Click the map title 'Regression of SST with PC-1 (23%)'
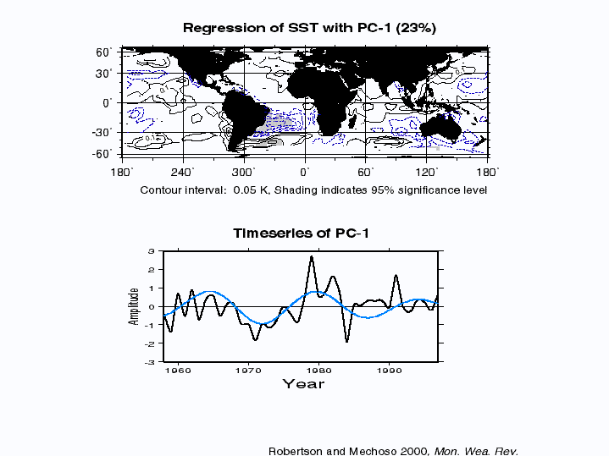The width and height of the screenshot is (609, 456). click(x=309, y=28)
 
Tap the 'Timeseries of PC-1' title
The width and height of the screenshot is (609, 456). click(x=302, y=233)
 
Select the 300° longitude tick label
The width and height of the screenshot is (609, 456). click(x=246, y=172)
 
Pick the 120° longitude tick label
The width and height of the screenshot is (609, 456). click(x=427, y=172)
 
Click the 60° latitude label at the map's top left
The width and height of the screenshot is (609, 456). click(x=104, y=52)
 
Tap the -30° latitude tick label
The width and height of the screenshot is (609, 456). click(x=102, y=132)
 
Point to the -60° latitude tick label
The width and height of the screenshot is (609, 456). click(x=102, y=153)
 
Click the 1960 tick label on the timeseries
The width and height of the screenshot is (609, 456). click(x=178, y=370)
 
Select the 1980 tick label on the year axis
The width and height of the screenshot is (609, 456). click(x=318, y=370)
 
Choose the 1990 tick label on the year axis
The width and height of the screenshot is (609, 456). click(x=390, y=370)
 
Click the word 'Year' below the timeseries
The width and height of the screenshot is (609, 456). click(x=303, y=384)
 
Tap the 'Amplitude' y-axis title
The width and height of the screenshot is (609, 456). click(x=134, y=305)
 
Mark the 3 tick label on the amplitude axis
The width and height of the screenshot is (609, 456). click(x=150, y=251)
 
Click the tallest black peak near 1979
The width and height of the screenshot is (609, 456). click(x=312, y=256)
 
